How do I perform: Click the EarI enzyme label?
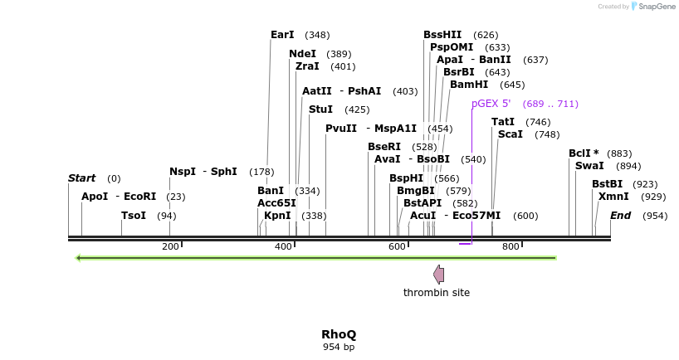pos(282,35)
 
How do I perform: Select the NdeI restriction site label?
pos(302,54)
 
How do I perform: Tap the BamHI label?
pos(469,85)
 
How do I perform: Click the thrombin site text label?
pos(437,293)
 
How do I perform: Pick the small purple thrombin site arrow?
pos(438,275)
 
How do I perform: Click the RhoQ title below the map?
pos(339,334)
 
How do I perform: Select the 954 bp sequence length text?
pos(339,347)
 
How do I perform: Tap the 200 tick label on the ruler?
pos(170,246)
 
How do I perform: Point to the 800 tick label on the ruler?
pos(510,246)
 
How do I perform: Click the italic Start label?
pos(82,178)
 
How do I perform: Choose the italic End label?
pos(620,216)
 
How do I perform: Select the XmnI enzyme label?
pos(613,197)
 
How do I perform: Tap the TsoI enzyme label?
pos(134,216)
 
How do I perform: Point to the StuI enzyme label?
pos(320,109)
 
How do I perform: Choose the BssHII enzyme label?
pos(442,35)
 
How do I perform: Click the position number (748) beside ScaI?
pos(547,134)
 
